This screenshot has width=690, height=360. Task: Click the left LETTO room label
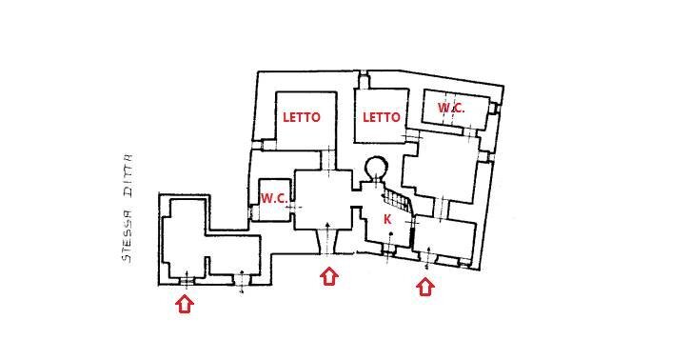pos(302,117)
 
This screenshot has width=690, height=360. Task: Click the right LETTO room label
pos(382,117)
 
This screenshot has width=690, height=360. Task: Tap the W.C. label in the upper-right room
pos(452,108)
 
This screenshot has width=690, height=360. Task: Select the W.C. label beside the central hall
pos(274,198)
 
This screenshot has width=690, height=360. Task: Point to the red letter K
pos(387,219)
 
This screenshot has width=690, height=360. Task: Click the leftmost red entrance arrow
pos(185,304)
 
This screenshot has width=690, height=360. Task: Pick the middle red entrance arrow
pos(328,276)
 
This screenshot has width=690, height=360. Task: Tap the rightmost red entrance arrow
pos(424,286)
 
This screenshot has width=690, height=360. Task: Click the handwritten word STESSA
pos(125,234)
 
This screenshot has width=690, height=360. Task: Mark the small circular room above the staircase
pos(375,169)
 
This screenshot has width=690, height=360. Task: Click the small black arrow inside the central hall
pos(328,229)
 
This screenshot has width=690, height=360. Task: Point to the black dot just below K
pos(390,233)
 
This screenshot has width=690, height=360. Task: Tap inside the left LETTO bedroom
pos(306,133)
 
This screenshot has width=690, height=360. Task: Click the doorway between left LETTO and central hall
pos(328,158)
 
